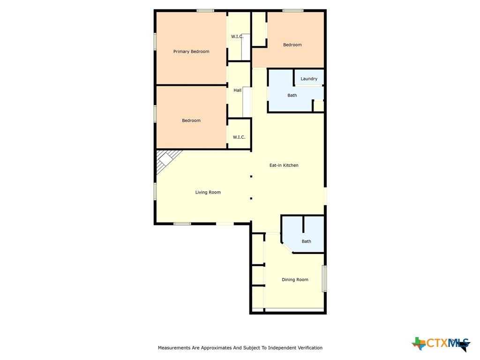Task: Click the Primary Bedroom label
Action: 191,52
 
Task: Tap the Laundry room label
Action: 309,79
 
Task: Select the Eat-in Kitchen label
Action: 284,165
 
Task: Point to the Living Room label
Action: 208,192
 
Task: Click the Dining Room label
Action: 295,279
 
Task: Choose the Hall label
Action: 238,90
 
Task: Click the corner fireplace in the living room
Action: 167,160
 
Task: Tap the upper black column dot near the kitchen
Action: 251,176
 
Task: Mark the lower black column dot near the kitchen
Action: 251,198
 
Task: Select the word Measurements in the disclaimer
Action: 174,348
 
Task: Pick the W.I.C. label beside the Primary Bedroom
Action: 237,37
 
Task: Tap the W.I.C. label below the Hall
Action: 239,137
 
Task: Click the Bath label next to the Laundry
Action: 292,95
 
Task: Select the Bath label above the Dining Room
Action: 307,241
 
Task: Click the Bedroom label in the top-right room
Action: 292,45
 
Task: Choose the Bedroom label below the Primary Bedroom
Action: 191,120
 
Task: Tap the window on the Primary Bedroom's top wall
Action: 205,11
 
